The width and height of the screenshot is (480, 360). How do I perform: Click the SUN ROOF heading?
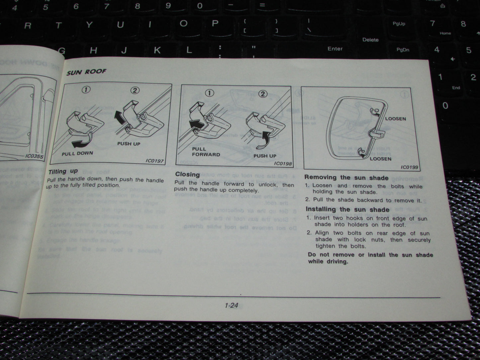[86, 72]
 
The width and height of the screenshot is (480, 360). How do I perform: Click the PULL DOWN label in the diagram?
[77, 153]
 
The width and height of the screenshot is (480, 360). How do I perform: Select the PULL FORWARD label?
[206, 152]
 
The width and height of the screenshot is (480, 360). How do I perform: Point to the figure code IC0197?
[154, 161]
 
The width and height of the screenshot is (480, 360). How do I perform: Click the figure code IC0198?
[283, 163]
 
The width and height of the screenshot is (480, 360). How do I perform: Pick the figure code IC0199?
[409, 167]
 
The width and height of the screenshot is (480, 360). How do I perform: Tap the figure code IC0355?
[34, 156]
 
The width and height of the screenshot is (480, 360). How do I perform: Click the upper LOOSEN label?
[395, 119]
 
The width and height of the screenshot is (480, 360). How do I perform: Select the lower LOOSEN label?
[381, 159]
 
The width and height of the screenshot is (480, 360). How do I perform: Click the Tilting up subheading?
[63, 171]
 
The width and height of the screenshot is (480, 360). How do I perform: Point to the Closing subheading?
[187, 174]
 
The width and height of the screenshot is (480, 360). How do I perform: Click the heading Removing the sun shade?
[346, 178]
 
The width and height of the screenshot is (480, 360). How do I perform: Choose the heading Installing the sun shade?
[347, 210]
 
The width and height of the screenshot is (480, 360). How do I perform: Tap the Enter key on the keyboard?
[335, 49]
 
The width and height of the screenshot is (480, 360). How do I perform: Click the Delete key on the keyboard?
[370, 40]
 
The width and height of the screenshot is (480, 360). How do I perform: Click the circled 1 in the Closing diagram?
[209, 93]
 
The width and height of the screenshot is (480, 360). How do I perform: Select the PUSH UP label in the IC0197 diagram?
[129, 144]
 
